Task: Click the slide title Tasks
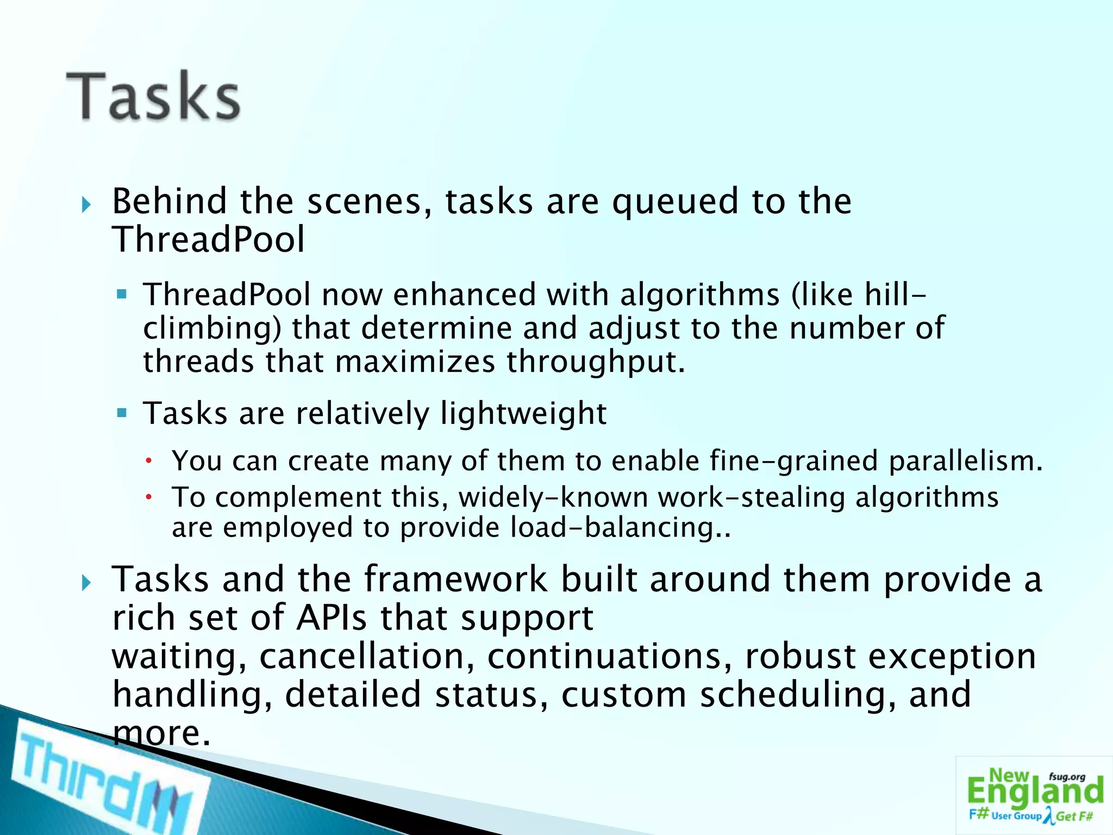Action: [x=153, y=97]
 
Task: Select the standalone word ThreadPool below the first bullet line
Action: [x=208, y=240]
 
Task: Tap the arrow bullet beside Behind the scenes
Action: [x=86, y=205]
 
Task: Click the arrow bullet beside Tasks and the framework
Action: [x=86, y=583]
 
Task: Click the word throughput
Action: [x=596, y=362]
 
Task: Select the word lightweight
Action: [x=523, y=413]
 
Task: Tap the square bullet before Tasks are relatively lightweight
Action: [x=122, y=413]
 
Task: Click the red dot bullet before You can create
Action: [x=148, y=462]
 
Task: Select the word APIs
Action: [x=331, y=618]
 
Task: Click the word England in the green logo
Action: [x=1035, y=792]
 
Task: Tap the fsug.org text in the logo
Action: [x=1067, y=777]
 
